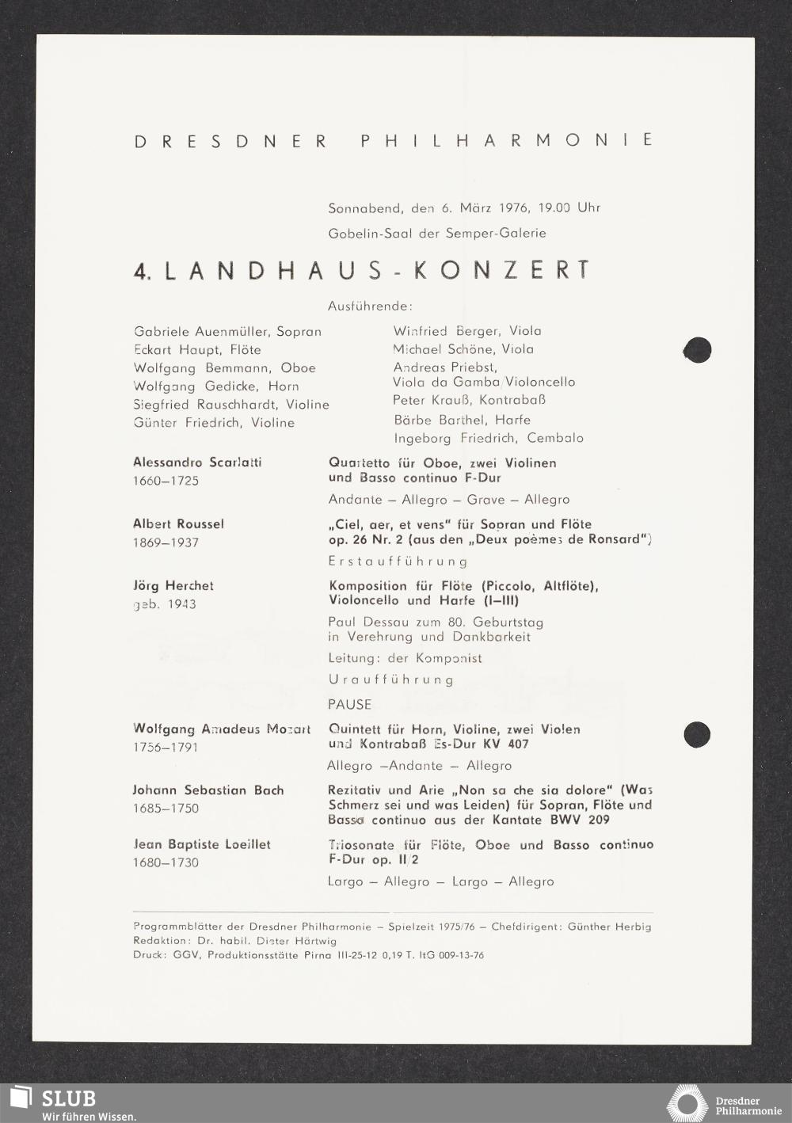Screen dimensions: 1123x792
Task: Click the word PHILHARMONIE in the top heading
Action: click(507, 140)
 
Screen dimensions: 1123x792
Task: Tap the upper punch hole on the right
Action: click(697, 350)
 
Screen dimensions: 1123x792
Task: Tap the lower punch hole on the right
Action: click(697, 733)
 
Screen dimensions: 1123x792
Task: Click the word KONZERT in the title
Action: click(502, 271)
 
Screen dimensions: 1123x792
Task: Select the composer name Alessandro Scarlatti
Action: click(197, 463)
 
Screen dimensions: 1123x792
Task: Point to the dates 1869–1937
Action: click(166, 542)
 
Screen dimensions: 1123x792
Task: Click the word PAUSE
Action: click(349, 704)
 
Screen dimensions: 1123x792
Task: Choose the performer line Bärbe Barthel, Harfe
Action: click(462, 420)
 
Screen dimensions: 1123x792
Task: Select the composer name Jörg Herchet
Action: click(173, 586)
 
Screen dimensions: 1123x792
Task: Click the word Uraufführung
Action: click(390, 680)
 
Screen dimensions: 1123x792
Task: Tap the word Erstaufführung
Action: click(398, 561)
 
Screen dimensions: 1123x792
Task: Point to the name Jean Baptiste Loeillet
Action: click(202, 844)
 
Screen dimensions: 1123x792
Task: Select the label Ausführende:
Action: click(370, 306)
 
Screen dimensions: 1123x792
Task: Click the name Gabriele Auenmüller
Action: click(201, 332)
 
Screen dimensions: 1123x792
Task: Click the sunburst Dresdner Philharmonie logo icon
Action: click(687, 1103)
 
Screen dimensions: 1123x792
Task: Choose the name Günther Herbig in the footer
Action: click(609, 927)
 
